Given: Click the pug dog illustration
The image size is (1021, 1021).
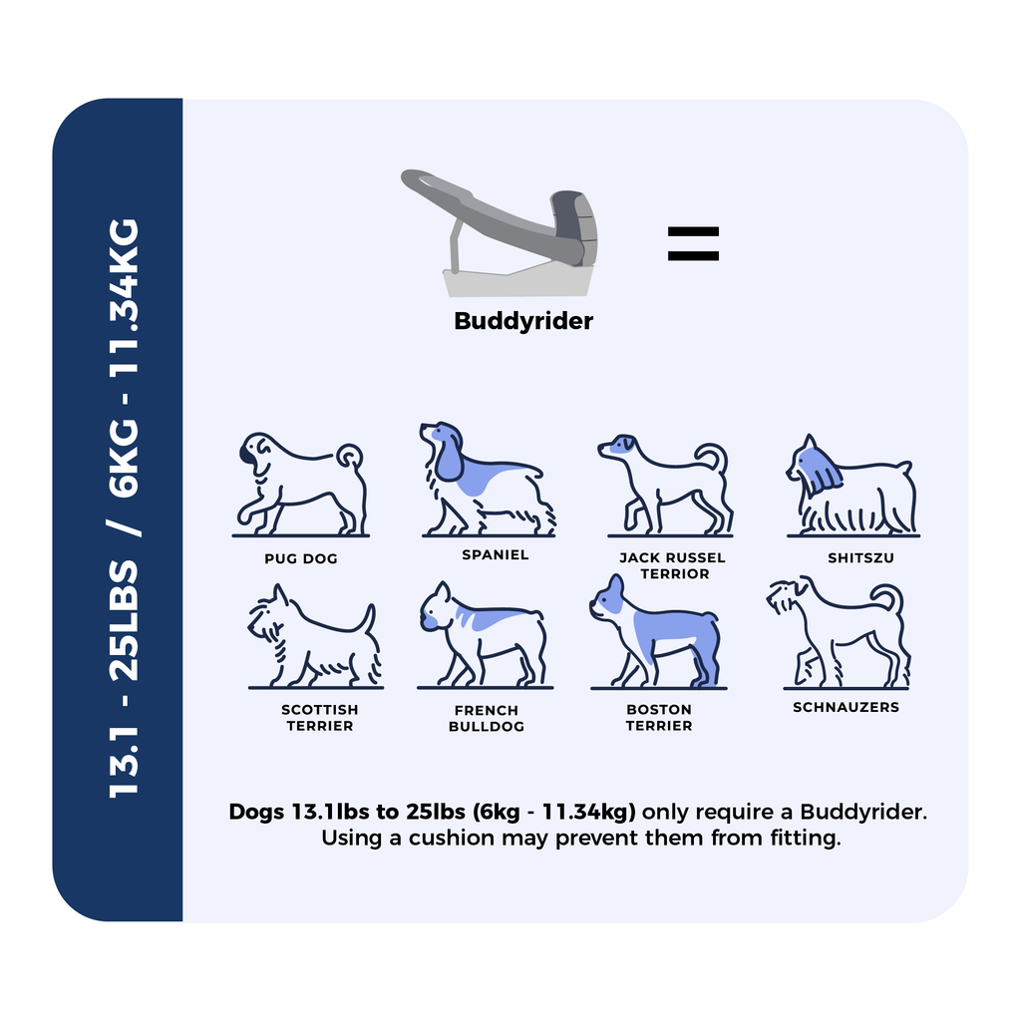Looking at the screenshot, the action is tap(301, 485).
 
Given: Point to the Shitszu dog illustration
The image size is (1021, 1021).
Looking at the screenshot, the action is tap(853, 486).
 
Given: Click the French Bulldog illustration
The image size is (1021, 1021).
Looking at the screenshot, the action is tap(486, 635).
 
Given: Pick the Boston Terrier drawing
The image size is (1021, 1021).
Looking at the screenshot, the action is tap(658, 631).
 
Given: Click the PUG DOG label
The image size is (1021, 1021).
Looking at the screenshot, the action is tap(301, 558).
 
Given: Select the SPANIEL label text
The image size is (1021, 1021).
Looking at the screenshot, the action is tap(495, 554).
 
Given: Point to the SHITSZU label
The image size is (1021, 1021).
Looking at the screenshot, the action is tap(860, 558).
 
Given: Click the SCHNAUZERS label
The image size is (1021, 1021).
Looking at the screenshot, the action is tap(846, 707).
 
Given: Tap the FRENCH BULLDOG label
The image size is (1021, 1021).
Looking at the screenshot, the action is tap(487, 718).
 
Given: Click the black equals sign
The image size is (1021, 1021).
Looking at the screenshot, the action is tap(693, 243).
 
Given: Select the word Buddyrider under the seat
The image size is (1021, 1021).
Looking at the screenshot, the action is tap(523, 321).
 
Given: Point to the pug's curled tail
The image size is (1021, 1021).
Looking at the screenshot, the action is tap(351, 456).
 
